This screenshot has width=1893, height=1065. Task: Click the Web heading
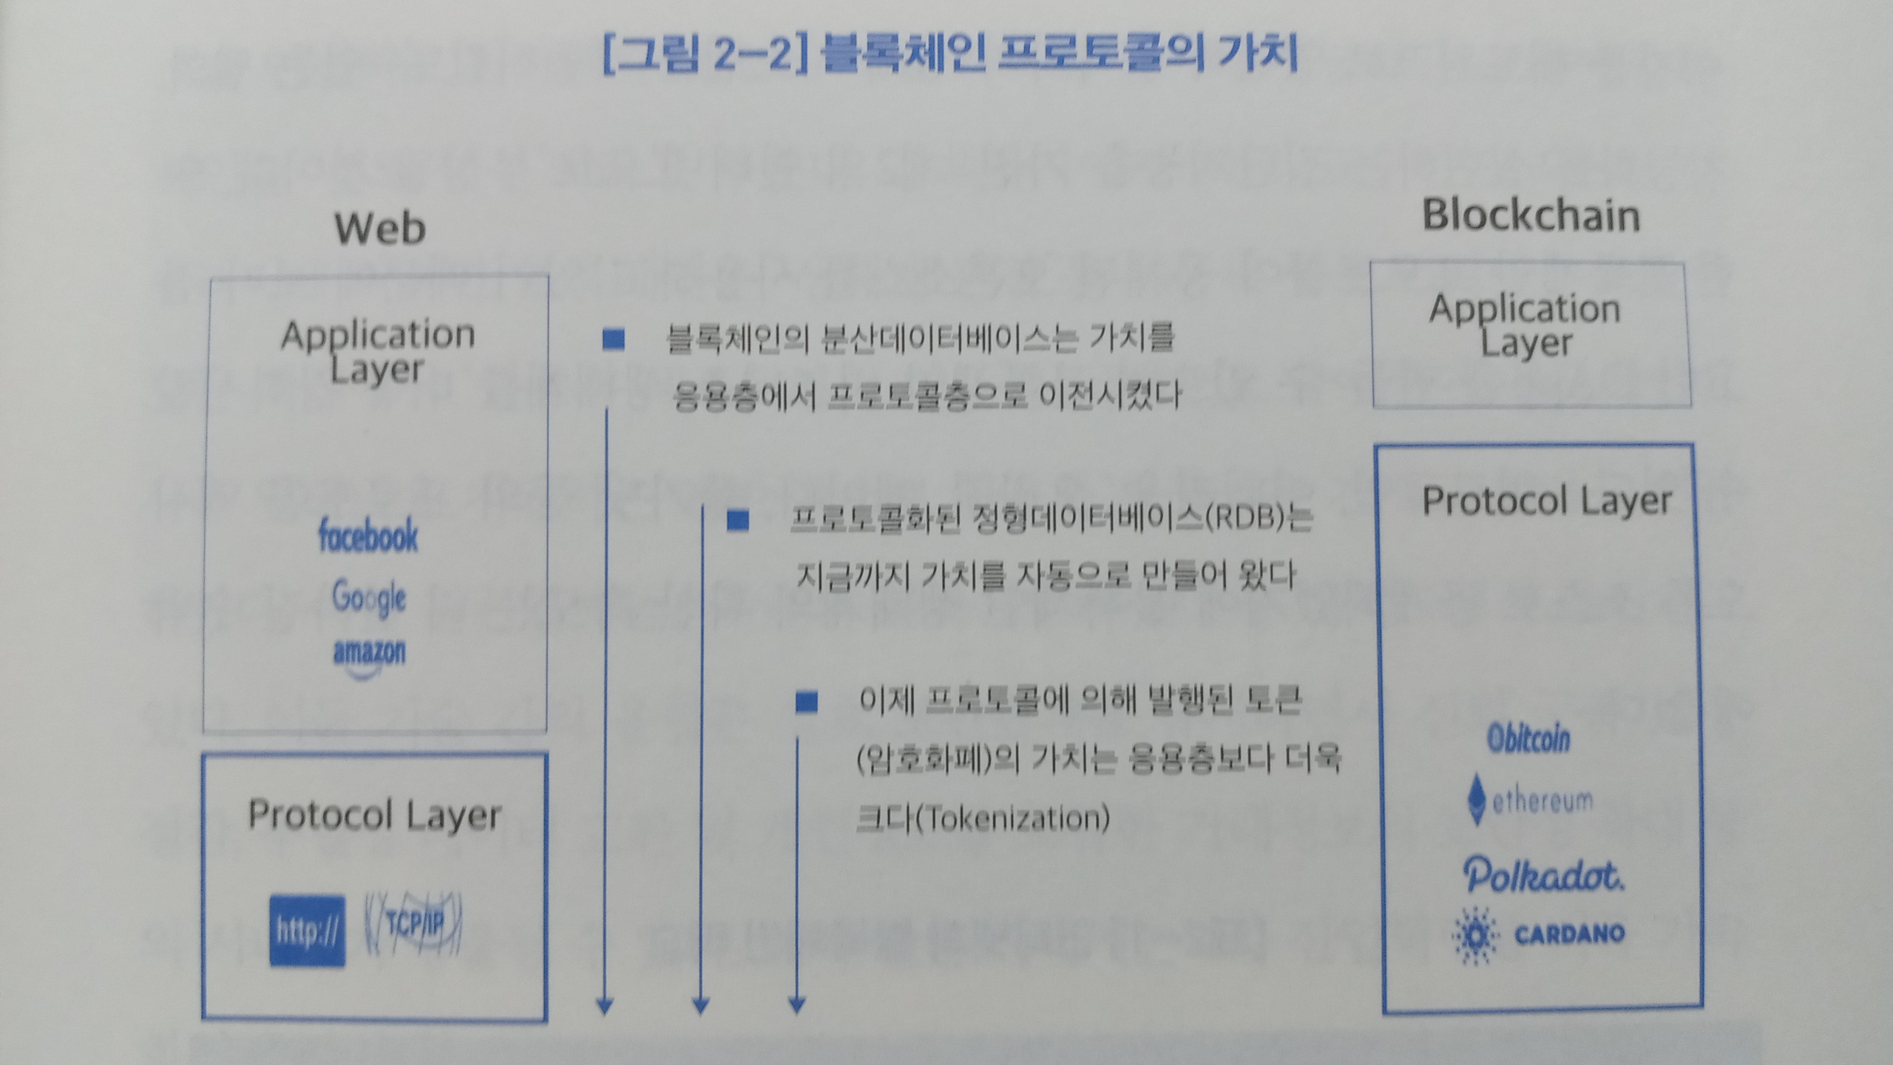pyautogui.click(x=380, y=229)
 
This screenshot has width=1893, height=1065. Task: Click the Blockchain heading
pyautogui.click(x=1531, y=216)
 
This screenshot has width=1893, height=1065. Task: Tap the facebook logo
pyautogui.click(x=368, y=535)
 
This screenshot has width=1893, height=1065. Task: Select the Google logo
pyautogui.click(x=369, y=598)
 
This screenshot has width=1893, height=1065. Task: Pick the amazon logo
pyautogui.click(x=369, y=655)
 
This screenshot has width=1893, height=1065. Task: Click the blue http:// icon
pyautogui.click(x=307, y=930)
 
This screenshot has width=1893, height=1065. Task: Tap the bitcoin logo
pyautogui.click(x=1528, y=739)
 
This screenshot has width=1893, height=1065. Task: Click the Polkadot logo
pyautogui.click(x=1543, y=876)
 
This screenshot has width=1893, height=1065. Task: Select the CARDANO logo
pyautogui.click(x=1538, y=935)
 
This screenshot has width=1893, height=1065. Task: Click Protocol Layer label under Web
pyautogui.click(x=374, y=815)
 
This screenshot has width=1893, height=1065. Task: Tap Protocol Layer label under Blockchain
pyautogui.click(x=1547, y=501)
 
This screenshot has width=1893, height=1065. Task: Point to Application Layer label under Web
pyautogui.click(x=378, y=351)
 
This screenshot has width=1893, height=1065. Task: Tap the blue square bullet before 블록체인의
pyautogui.click(x=613, y=339)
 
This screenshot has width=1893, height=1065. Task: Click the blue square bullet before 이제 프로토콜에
pyautogui.click(x=807, y=702)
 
